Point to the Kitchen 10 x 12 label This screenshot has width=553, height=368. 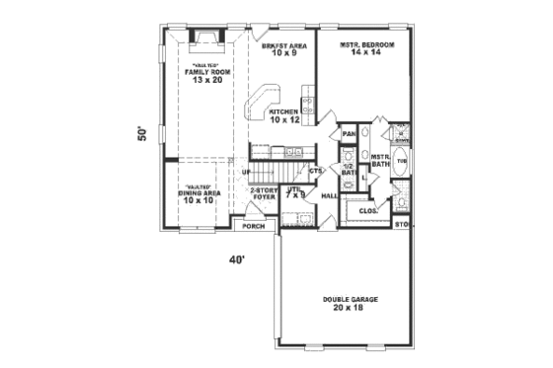point(283,115)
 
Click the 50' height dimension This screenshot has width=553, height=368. point(142,134)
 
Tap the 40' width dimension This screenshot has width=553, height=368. point(236,260)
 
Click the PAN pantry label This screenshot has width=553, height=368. point(348,133)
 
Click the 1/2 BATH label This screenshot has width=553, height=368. point(348,169)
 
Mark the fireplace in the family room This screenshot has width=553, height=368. point(206,39)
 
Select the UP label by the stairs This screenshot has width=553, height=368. point(245,174)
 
